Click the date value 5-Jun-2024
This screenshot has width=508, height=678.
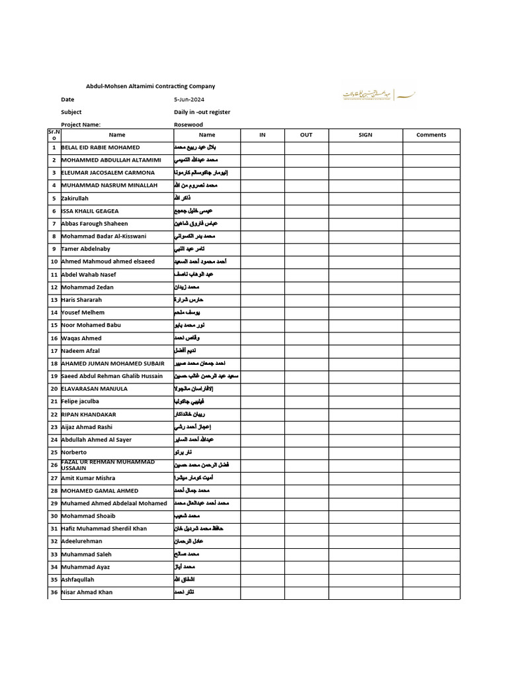(x=188, y=99)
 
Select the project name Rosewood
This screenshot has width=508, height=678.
(x=189, y=124)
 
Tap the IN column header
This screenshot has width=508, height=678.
(x=263, y=135)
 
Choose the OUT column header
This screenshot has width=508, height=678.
(x=306, y=135)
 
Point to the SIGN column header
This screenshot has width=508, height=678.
(x=365, y=135)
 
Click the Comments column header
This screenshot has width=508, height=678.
(x=431, y=135)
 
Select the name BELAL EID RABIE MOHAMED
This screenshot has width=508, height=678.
(x=101, y=148)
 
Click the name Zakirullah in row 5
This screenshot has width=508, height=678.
(x=75, y=199)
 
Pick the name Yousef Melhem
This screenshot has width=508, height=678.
(x=83, y=313)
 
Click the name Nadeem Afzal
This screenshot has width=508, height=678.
(x=80, y=351)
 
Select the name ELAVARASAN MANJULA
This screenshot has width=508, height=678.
(x=94, y=389)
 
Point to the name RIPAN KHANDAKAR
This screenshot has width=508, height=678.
(x=89, y=414)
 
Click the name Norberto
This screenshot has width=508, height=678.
(x=73, y=452)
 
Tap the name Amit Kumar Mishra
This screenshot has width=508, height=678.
(x=88, y=478)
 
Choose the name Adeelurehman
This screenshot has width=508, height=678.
(x=81, y=542)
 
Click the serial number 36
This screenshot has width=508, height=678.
(x=54, y=593)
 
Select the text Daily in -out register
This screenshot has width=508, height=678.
(x=202, y=113)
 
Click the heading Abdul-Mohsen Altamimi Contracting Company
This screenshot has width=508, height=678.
(x=151, y=87)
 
